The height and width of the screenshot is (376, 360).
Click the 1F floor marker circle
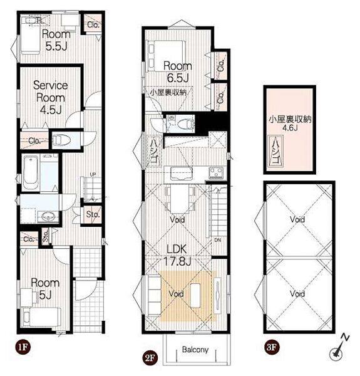pyautogui.click(x=23, y=347)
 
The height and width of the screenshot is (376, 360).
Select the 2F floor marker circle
pyautogui.click(x=150, y=358)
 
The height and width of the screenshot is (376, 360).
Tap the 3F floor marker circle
pyautogui.click(x=272, y=347)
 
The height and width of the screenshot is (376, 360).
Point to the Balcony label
pyautogui.click(x=195, y=350)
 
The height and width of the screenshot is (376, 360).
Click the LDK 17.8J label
pyautogui.click(x=177, y=255)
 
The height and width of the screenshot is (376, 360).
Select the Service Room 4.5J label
pyautogui.click(x=51, y=98)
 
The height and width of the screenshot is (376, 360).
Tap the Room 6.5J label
pyautogui.click(x=177, y=71)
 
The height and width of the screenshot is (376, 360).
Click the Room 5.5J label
pyautogui.click(x=56, y=40)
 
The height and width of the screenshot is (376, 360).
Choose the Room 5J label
pyautogui.click(x=45, y=288)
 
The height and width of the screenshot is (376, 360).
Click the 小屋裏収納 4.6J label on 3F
pyautogui.click(x=290, y=123)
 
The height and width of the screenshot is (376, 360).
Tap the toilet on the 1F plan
pyautogui.click(x=61, y=140)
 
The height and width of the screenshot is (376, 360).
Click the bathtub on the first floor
pyautogui.click(x=31, y=172)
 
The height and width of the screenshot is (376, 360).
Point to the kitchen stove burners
pyautogui.click(x=217, y=173)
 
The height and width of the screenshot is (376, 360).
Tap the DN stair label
pyautogui.click(x=218, y=240)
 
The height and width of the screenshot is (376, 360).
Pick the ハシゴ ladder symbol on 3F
pyautogui.click(x=276, y=152)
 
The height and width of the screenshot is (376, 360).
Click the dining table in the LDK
pyautogui.click(x=180, y=199)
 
